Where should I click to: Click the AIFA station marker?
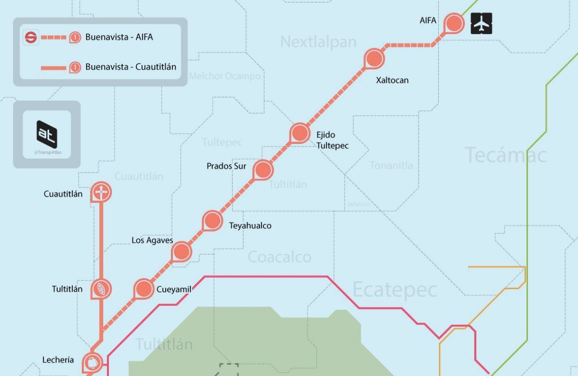[454, 23]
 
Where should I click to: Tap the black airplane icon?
[482, 24]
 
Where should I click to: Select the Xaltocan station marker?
[374, 58]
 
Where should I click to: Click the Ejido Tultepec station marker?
[299, 133]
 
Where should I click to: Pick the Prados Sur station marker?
[263, 169]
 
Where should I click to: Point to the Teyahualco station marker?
[212, 220]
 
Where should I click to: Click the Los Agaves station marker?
[181, 251]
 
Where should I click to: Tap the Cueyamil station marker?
[143, 289]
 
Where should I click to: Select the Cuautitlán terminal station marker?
[101, 192]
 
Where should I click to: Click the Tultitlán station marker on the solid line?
[101, 289]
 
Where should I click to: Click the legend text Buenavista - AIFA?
[119, 37]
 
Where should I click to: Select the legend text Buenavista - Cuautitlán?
[131, 67]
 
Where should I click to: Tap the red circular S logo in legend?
[31, 37]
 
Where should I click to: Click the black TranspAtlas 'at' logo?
[47, 134]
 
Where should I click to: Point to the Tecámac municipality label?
[505, 155]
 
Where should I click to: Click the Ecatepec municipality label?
[394, 290]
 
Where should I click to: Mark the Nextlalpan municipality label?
[318, 42]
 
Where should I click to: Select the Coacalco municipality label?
[279, 257]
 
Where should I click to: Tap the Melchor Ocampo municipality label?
[224, 76]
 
